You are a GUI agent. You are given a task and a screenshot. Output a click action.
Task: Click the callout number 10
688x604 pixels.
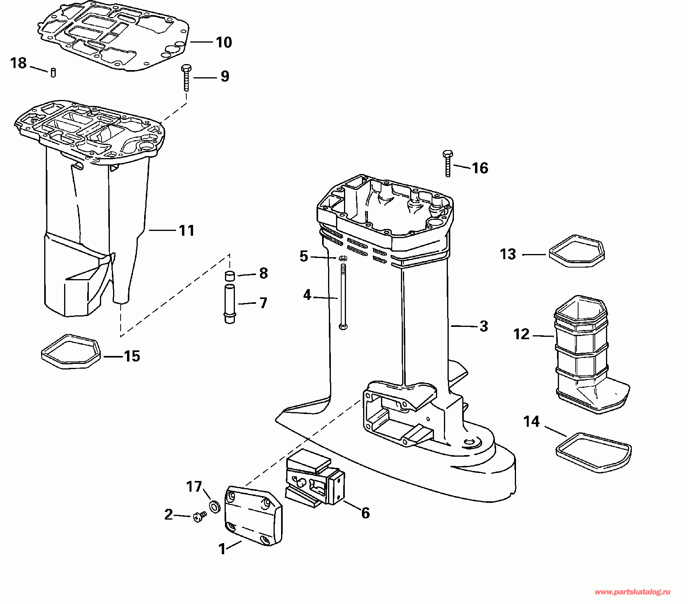(224, 42)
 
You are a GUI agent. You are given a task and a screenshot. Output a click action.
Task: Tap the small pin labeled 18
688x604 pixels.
(53, 73)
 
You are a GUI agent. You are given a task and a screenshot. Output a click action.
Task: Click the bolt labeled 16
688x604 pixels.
(448, 163)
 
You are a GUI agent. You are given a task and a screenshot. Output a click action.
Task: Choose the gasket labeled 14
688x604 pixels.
(593, 452)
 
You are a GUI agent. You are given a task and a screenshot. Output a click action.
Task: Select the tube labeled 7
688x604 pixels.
(230, 303)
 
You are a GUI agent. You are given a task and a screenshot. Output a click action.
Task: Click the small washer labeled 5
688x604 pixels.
(342, 259)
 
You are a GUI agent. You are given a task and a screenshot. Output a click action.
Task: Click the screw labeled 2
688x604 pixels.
(200, 517)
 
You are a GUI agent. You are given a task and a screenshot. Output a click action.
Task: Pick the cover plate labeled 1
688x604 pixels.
(253, 516)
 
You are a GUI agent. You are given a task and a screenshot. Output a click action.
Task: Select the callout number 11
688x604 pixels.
(187, 231)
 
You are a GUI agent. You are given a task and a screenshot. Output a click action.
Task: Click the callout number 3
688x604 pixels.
(484, 326)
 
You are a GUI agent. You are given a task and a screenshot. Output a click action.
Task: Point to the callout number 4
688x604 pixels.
(307, 295)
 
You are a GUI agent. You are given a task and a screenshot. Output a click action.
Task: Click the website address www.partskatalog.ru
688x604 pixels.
(632, 592)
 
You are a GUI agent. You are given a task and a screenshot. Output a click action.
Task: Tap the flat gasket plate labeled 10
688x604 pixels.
(113, 37)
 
